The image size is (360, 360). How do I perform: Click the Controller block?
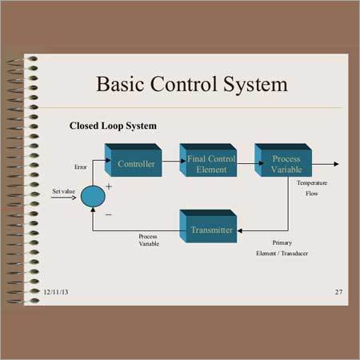tap(134, 160)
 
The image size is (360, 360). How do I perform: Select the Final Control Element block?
tap(208, 160)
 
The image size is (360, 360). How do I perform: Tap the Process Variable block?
tap(283, 160)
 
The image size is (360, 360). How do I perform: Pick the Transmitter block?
tap(208, 226)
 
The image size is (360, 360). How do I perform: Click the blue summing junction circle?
tap(93, 197)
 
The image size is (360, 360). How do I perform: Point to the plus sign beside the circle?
tap(109, 186)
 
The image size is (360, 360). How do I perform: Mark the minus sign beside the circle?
tap(109, 214)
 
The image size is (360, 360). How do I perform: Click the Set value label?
tap(63, 191)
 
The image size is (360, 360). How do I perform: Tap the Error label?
tap(81, 167)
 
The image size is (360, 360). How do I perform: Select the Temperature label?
tap(312, 183)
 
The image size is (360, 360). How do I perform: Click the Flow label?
tap(312, 194)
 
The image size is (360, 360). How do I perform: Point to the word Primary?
tap(282, 242)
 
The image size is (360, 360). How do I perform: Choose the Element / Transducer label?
tap(282, 254)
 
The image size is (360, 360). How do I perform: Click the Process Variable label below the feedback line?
tap(149, 240)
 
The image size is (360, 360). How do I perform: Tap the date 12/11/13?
tap(56, 292)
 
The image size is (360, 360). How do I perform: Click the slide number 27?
tap(338, 292)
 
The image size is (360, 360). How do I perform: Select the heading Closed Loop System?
tap(113, 126)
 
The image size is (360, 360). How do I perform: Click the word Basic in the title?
tap(120, 84)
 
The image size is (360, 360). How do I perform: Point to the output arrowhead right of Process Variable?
tap(336, 164)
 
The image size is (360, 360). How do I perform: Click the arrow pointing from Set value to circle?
tap(63, 198)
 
